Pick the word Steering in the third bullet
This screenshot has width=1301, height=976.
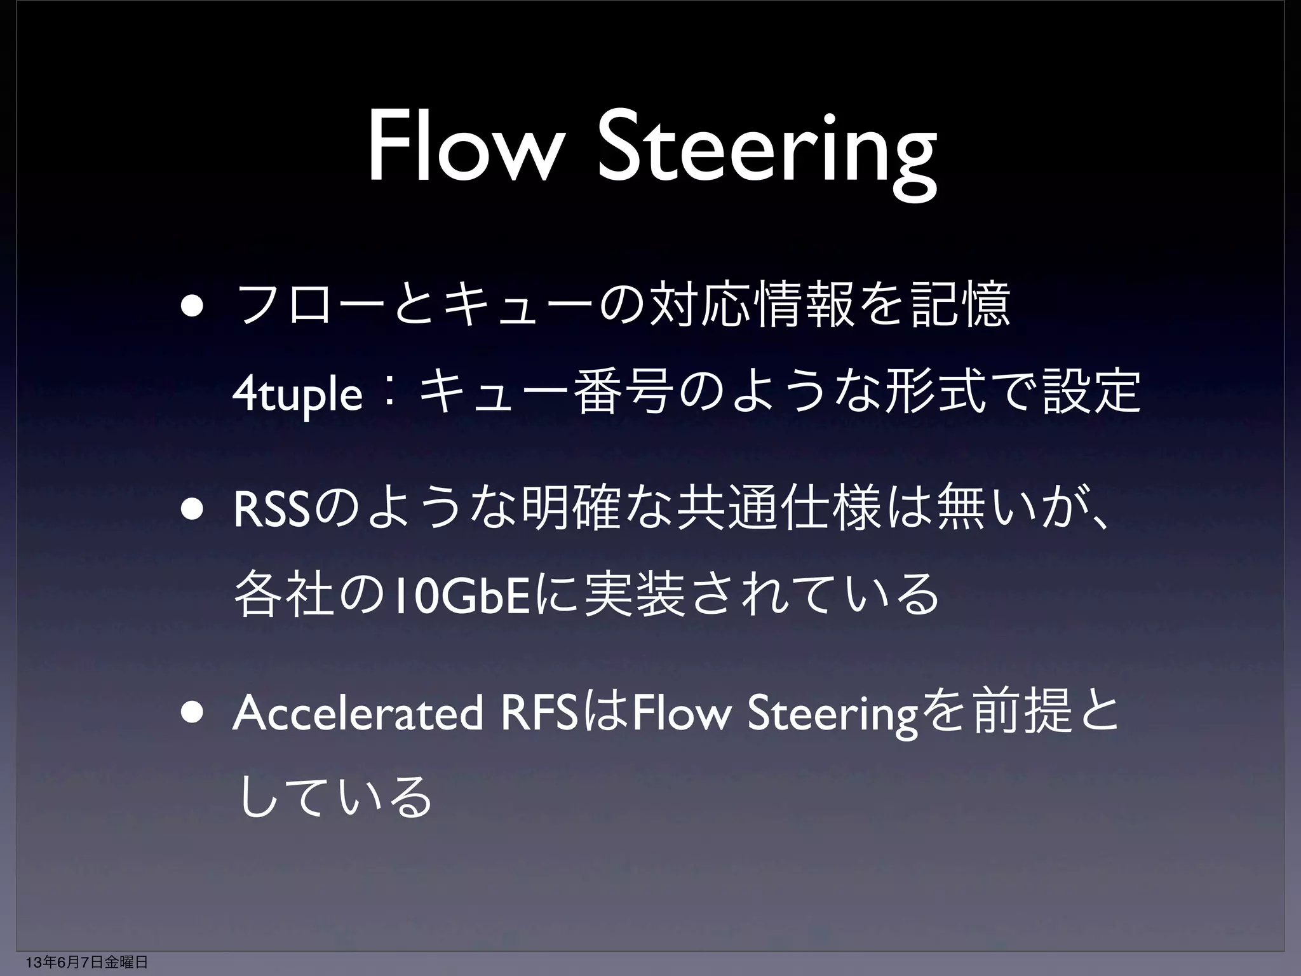[833, 716]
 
